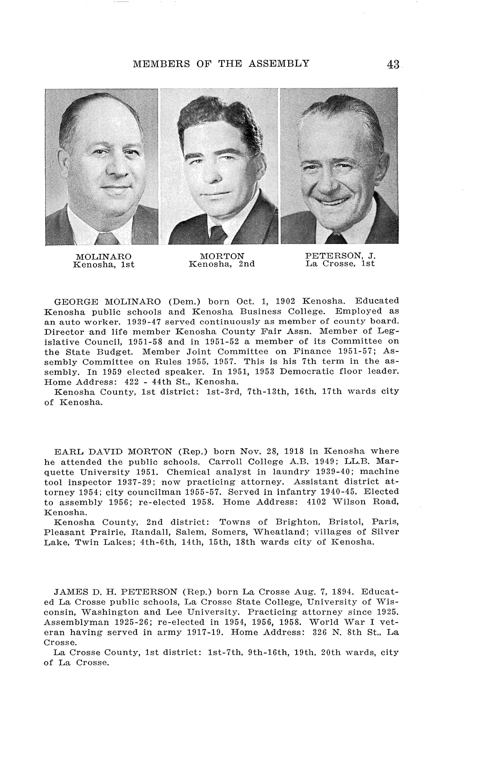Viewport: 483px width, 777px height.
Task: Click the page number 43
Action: pyautogui.click(x=393, y=64)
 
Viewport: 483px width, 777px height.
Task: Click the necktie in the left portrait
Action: pyautogui.click(x=107, y=238)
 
